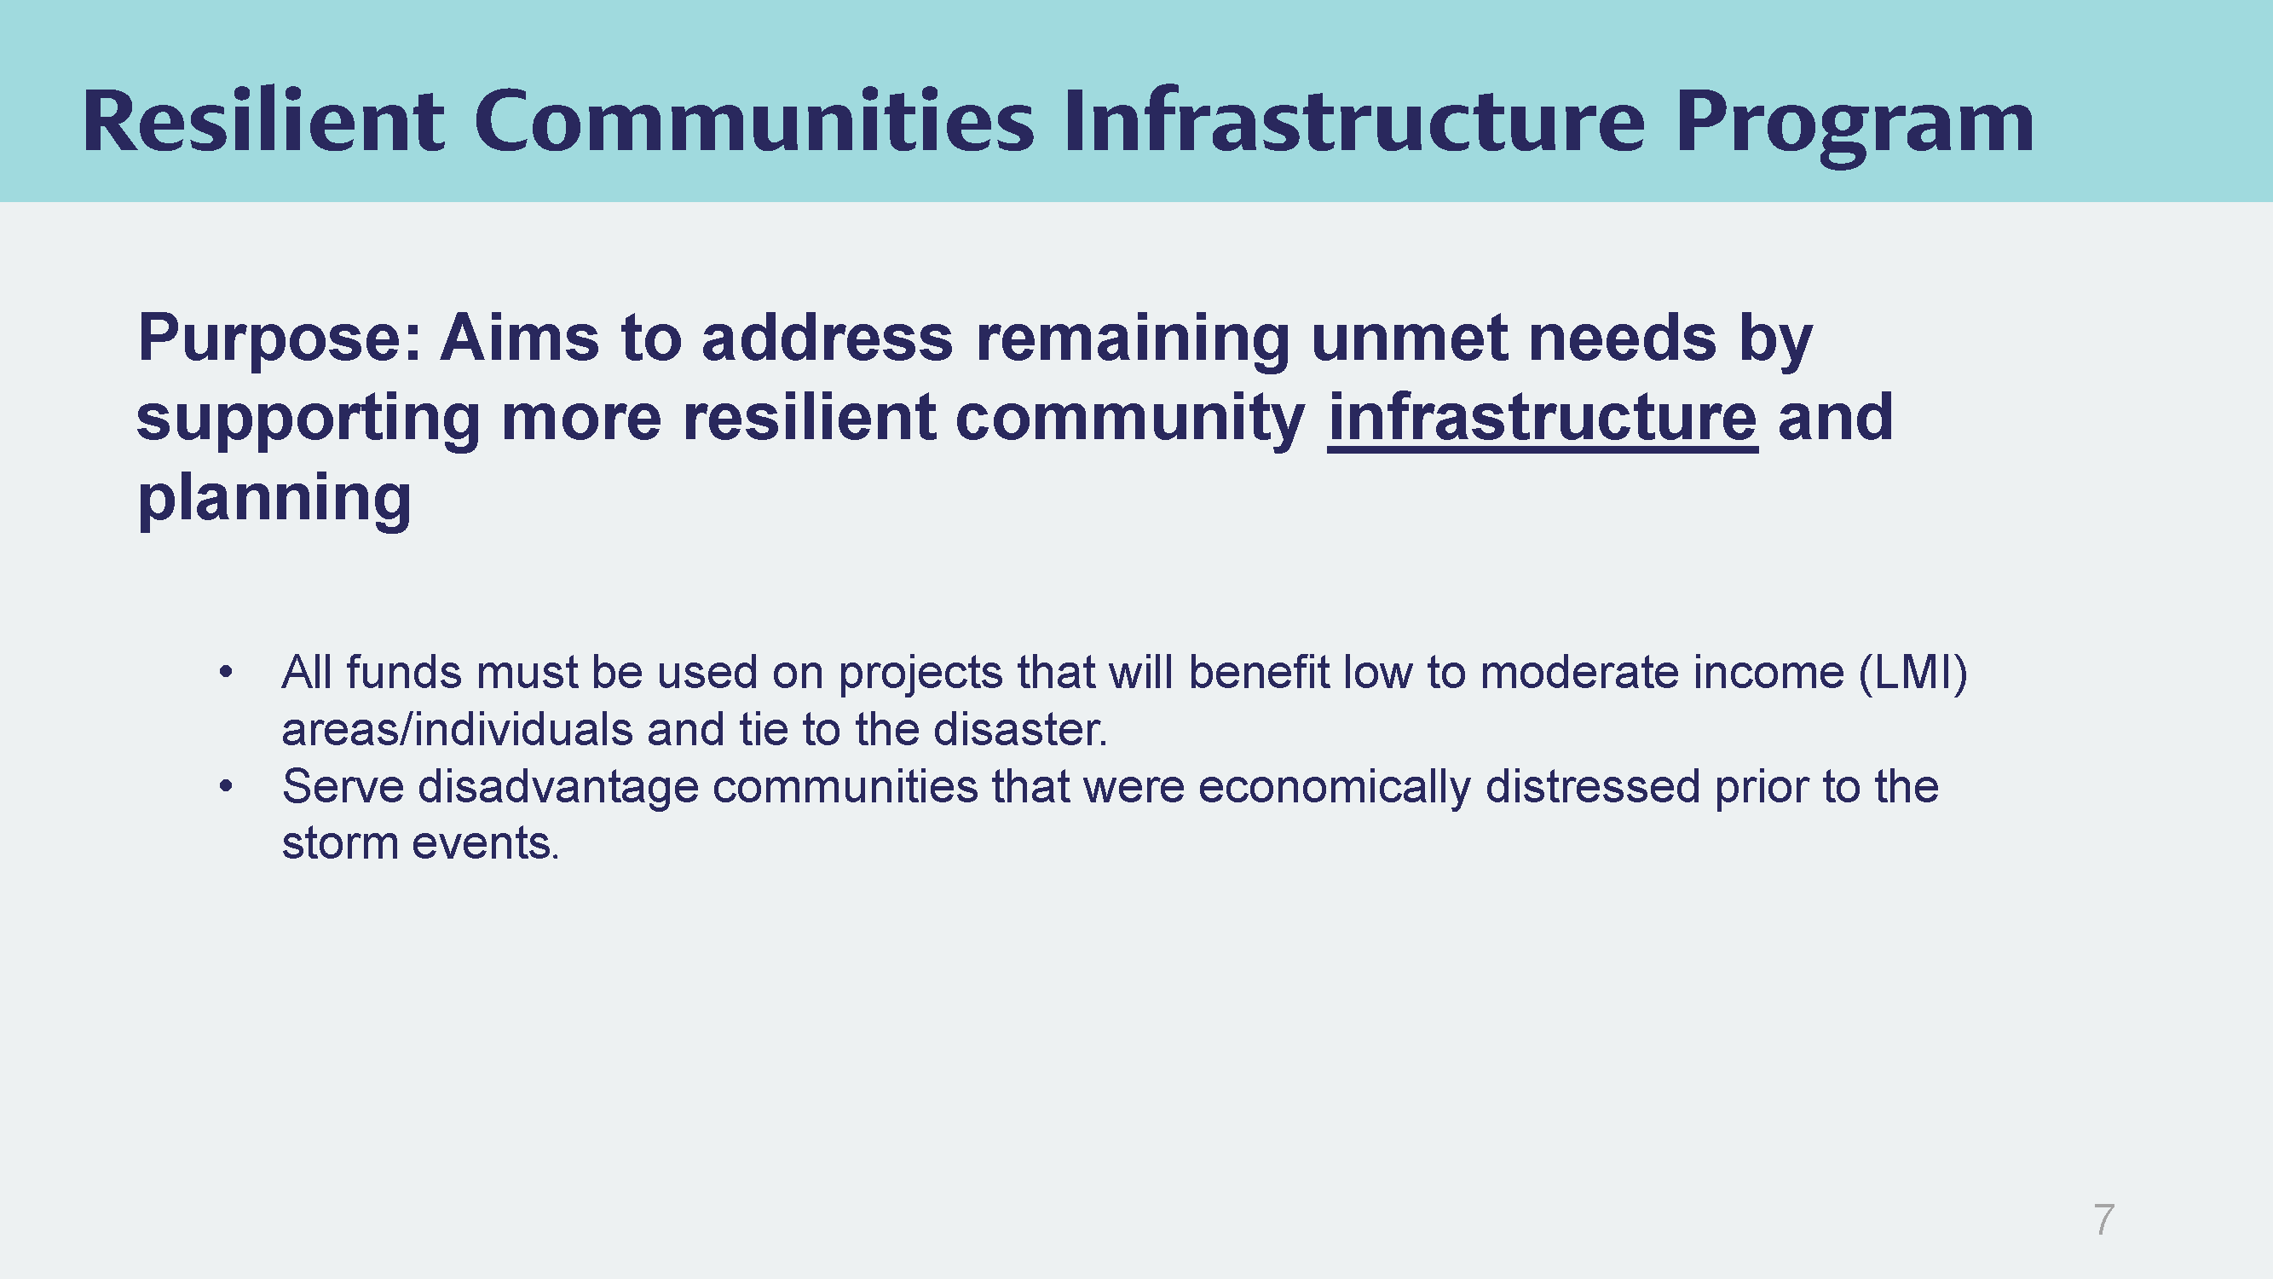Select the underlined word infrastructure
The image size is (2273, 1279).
(1543, 420)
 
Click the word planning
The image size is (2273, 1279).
(274, 500)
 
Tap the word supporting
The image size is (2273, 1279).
(308, 420)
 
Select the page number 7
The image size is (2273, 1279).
(2103, 1220)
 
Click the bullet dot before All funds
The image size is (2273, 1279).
(226, 673)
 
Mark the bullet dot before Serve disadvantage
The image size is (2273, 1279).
(226, 785)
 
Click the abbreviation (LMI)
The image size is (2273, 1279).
(1913, 674)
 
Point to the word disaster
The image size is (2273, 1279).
(1020, 730)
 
